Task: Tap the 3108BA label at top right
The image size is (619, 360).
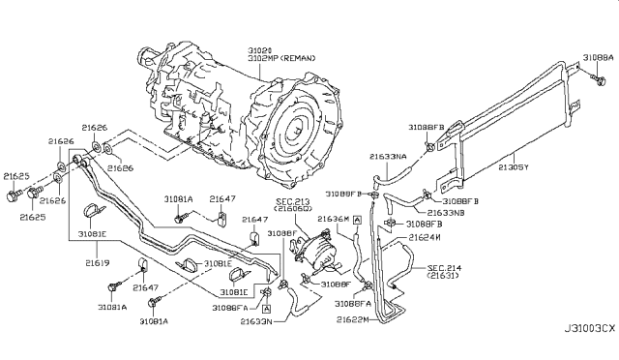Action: pyautogui.click(x=599, y=57)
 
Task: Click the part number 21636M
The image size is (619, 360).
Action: pyautogui.click(x=333, y=220)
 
